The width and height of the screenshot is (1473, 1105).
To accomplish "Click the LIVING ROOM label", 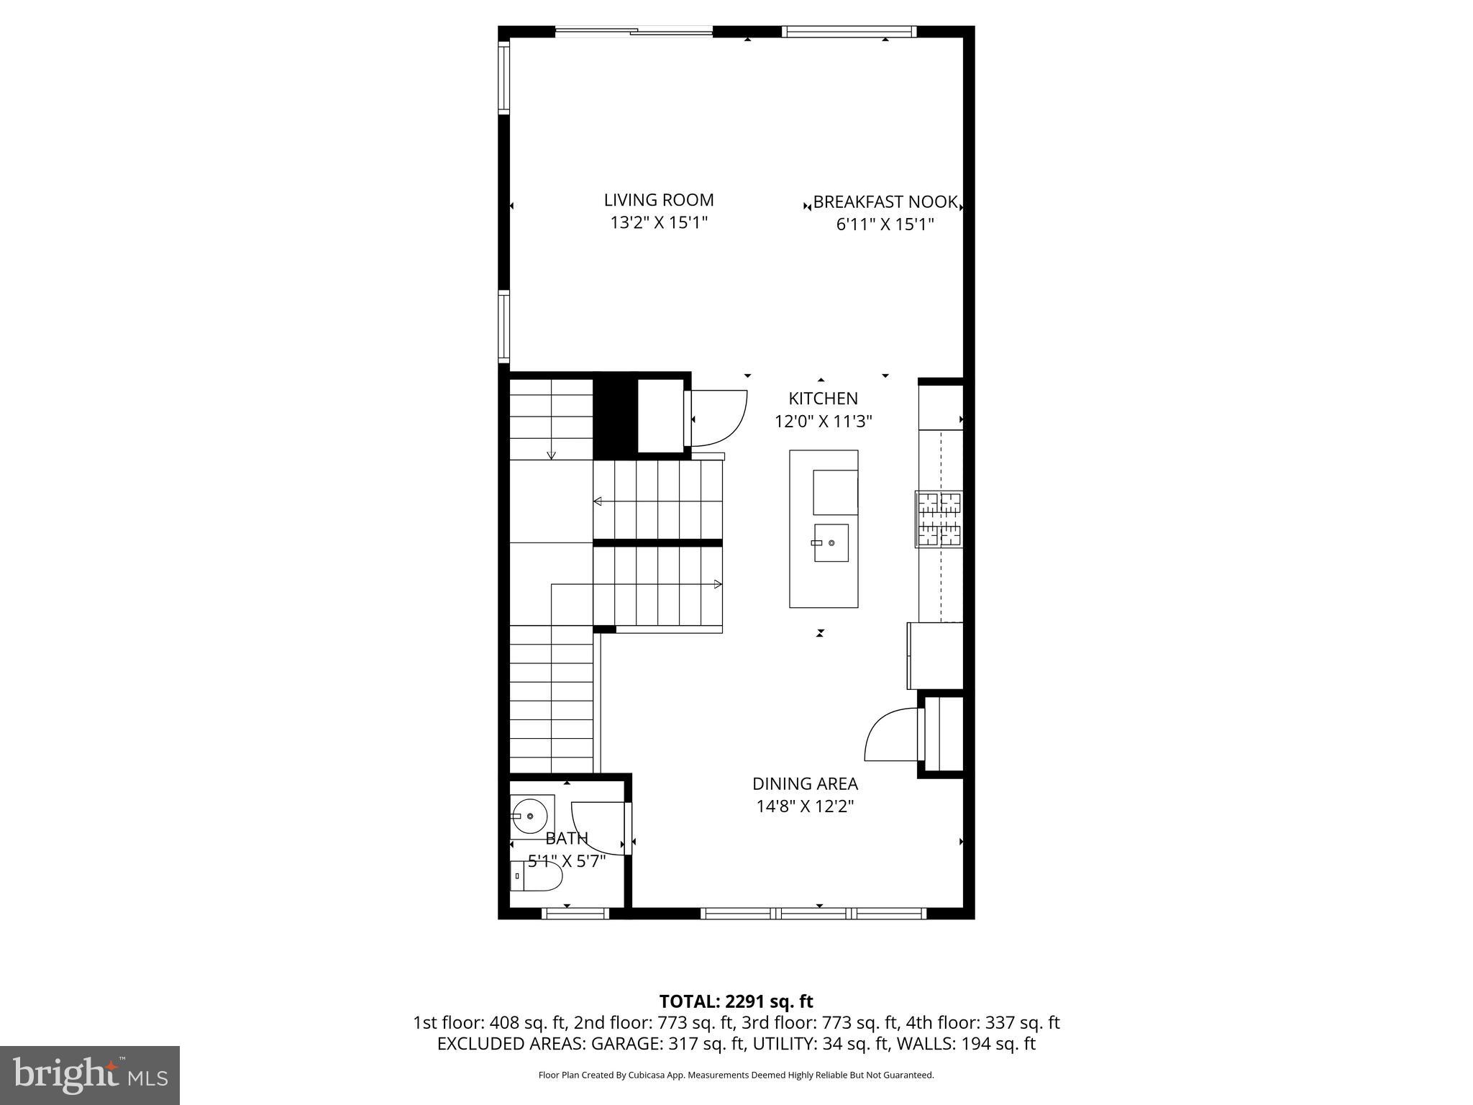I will (x=658, y=200).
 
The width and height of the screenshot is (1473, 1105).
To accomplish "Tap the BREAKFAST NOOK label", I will (x=885, y=202).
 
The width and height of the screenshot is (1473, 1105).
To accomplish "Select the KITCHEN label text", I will (x=823, y=399).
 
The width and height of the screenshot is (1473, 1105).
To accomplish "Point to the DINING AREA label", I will (x=805, y=783).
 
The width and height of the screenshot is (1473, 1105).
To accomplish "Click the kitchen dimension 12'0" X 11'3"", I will (x=823, y=422).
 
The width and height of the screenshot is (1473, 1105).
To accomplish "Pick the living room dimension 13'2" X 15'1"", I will (x=659, y=223).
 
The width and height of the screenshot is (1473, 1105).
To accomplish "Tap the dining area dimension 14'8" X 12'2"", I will (x=805, y=806).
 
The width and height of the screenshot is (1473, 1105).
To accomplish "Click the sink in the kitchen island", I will (x=831, y=542).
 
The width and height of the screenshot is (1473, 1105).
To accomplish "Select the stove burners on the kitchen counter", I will (x=939, y=519).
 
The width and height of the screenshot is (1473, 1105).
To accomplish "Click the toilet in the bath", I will (x=536, y=876).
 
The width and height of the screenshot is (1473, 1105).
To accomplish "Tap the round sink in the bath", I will (x=531, y=816).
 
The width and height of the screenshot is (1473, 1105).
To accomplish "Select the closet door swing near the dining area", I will (x=890, y=734).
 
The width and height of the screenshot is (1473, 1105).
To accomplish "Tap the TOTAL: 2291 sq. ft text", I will (x=736, y=1001).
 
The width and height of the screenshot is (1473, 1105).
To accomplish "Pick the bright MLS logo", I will (x=90, y=1075).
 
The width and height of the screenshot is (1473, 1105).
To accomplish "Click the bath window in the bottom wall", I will (x=575, y=914).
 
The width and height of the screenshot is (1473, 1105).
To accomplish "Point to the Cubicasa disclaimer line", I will (x=736, y=1076).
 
